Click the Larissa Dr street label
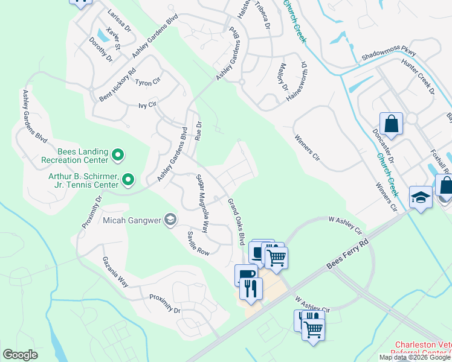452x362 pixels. pos(119,19)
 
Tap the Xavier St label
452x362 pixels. pos(113,37)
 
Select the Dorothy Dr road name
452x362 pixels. pos(101,50)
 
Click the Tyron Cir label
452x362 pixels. pos(147,82)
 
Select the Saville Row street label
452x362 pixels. pos(198,244)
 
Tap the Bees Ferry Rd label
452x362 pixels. pos(347,253)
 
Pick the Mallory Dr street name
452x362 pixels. pos(284,77)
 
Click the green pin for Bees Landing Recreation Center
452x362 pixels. pos(118,156)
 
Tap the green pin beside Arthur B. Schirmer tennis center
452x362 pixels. pos(128,179)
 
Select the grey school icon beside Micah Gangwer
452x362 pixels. pos(171,220)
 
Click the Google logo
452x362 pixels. pos(21,355)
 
